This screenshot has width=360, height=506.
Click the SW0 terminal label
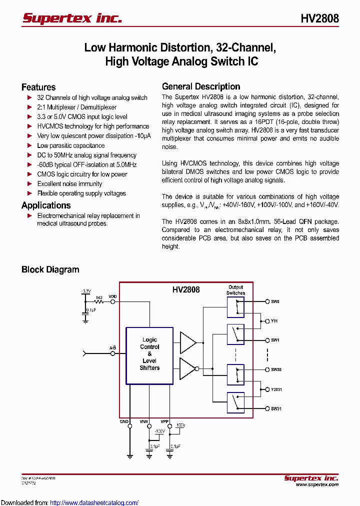point(275,301)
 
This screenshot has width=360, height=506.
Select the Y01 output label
point(274,320)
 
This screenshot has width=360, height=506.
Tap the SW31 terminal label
point(276,408)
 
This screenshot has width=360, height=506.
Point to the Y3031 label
point(276,389)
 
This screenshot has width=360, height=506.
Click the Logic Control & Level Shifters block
point(149,355)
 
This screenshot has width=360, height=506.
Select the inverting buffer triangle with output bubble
point(189,368)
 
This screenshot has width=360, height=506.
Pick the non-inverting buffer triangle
point(188,342)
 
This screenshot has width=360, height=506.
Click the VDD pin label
point(113,296)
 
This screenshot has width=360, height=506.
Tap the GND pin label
point(124,421)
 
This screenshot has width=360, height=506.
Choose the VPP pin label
point(164,421)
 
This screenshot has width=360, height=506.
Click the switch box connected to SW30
point(235,374)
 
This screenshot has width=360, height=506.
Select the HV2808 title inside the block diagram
point(186,289)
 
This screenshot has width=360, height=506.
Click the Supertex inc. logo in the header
point(72,18)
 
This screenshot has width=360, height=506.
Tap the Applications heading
point(46,205)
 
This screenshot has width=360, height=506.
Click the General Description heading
point(201,86)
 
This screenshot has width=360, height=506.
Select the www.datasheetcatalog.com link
point(94,502)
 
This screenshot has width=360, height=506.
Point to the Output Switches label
point(235,290)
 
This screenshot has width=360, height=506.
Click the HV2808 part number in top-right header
point(319,18)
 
